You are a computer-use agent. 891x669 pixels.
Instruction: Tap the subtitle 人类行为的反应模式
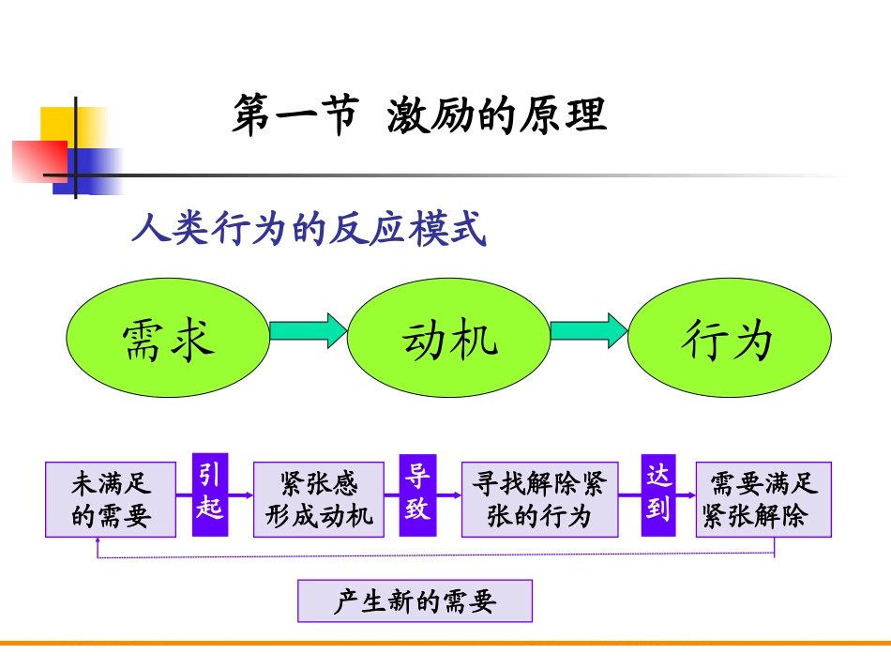[309, 229]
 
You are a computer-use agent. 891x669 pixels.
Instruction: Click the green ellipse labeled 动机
[449, 339]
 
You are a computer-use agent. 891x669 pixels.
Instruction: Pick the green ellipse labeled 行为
[729, 339]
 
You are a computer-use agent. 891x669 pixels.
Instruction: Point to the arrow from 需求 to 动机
[308, 330]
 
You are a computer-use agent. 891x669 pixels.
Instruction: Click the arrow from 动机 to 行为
[588, 330]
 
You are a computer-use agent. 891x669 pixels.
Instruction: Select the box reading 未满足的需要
[111, 499]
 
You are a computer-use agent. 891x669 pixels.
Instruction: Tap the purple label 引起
[210, 494]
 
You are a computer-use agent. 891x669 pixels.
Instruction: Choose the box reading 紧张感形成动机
[319, 499]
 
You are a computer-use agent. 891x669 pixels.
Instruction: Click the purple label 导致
[417, 494]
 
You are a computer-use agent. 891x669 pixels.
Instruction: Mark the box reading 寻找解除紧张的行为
[539, 499]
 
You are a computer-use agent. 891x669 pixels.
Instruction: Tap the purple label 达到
[658, 494]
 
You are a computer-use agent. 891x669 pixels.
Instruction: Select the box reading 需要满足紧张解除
[763, 499]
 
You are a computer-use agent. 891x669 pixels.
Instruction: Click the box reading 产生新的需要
[415, 601]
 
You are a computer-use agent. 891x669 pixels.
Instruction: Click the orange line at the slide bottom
[445, 644]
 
